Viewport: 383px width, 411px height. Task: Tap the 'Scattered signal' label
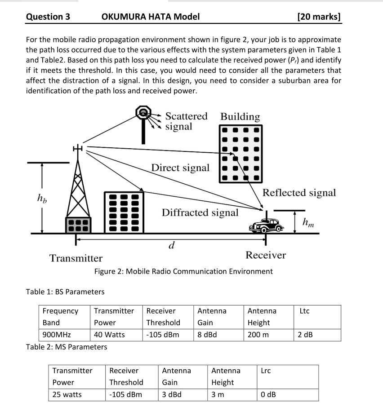click(x=186, y=121)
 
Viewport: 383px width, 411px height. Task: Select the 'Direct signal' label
click(x=180, y=168)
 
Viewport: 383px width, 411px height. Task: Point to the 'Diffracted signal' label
click(x=200, y=212)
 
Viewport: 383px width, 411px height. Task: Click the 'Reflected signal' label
click(x=299, y=193)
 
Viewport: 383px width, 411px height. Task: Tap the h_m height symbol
click(x=308, y=221)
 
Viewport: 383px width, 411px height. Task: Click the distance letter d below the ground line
click(x=171, y=245)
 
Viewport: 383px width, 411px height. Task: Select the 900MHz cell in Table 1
click(x=55, y=335)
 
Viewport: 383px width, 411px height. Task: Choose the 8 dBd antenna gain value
click(x=207, y=335)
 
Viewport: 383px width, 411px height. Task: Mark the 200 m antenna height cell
click(x=257, y=335)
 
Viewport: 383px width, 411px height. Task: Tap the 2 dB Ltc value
click(x=305, y=335)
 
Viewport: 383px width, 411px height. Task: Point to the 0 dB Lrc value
click(x=268, y=394)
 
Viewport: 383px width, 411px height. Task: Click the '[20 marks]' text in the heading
click(x=319, y=17)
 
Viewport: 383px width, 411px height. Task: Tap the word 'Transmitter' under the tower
click(x=76, y=258)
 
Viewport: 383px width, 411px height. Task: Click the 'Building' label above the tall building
click(x=240, y=117)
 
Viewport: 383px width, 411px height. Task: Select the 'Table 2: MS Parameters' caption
click(x=67, y=347)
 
